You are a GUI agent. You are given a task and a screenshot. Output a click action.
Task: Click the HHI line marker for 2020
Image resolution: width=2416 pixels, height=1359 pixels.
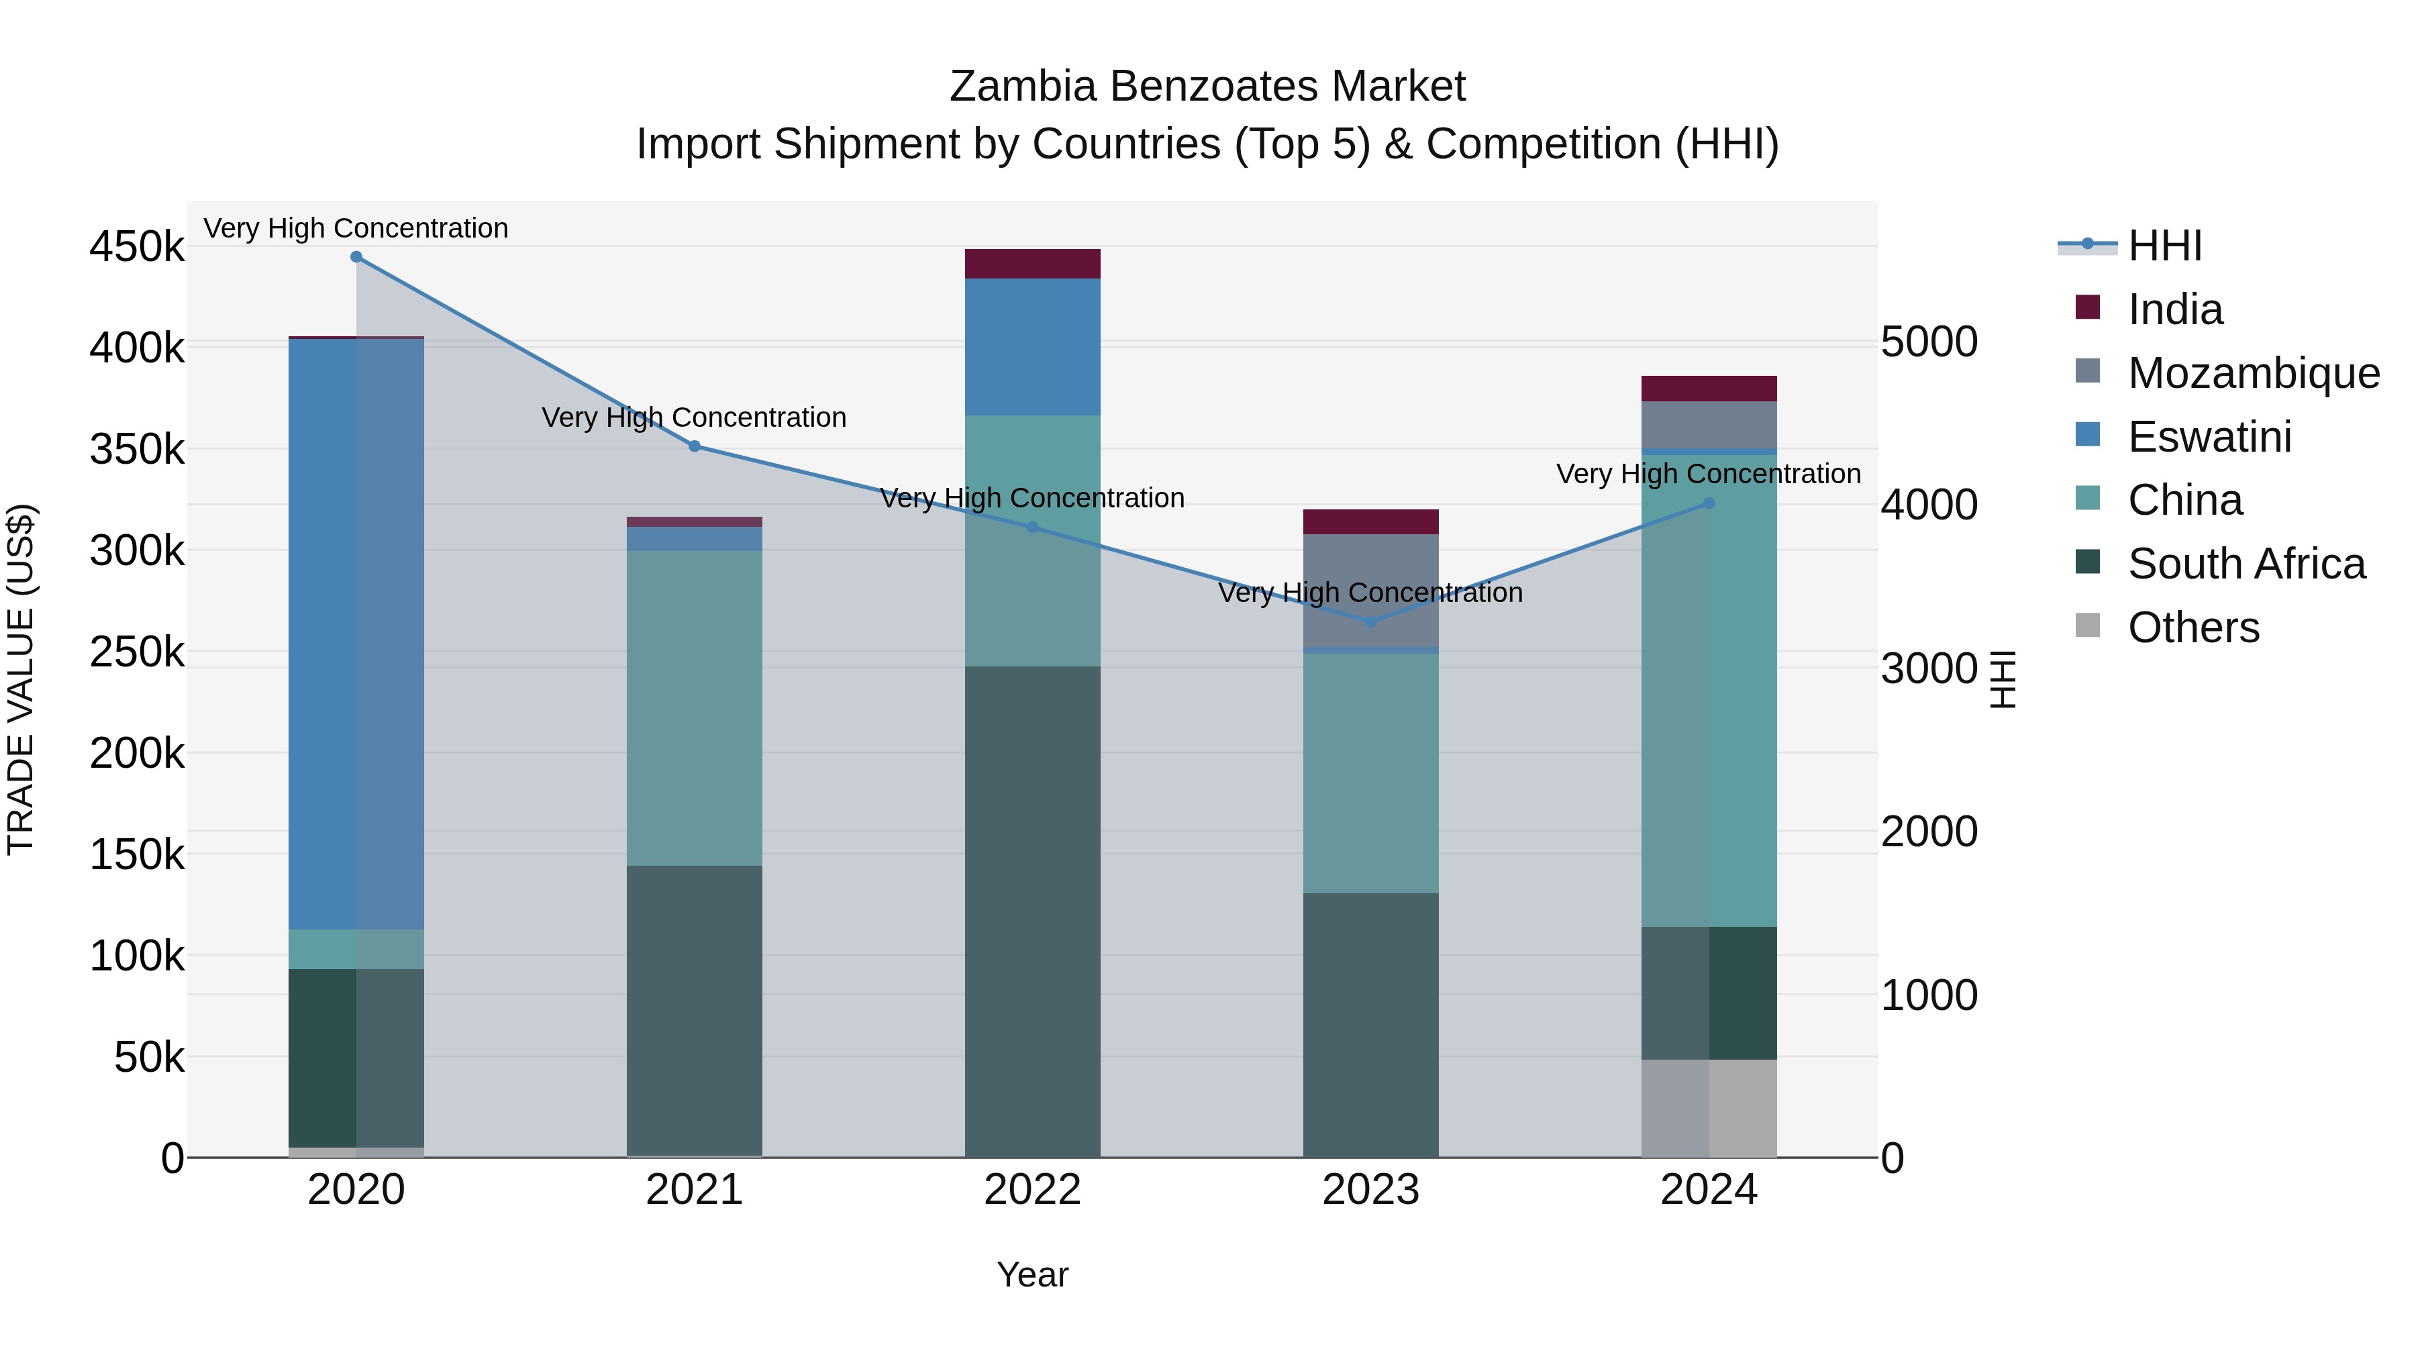point(356,257)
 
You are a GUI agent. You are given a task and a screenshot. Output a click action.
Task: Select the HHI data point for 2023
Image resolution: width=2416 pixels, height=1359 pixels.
point(1370,622)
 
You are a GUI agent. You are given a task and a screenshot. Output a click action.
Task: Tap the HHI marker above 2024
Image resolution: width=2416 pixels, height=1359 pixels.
point(1709,503)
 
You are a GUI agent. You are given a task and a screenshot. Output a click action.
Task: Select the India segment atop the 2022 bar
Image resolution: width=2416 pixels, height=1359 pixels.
point(1033,264)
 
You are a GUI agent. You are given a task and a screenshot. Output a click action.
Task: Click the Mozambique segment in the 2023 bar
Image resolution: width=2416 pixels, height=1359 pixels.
point(1370,591)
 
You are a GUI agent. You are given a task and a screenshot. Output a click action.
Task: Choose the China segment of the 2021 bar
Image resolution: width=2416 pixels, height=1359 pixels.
point(694,708)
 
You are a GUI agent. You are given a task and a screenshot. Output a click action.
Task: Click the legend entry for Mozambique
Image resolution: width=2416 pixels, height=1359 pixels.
point(2254,373)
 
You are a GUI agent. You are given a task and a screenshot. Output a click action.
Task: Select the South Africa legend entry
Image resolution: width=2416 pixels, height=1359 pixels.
point(2246,564)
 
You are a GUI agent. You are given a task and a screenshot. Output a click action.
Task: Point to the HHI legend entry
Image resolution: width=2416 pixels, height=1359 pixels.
point(2164,246)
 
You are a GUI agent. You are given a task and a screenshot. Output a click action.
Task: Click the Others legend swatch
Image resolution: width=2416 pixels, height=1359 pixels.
point(2088,625)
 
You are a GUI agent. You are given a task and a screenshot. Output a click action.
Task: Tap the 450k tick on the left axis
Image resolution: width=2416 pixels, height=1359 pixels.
point(137,248)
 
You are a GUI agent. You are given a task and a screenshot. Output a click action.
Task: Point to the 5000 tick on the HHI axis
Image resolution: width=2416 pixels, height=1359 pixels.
point(1930,342)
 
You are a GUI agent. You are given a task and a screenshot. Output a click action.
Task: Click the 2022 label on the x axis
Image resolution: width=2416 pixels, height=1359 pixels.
point(1033,1190)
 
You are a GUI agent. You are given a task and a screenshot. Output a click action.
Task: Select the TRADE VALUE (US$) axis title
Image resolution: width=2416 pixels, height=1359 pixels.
point(21,679)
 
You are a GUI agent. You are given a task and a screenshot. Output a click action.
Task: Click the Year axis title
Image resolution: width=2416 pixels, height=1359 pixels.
point(1033,1274)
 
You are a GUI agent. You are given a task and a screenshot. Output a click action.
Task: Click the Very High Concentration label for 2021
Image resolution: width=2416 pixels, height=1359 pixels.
point(694,417)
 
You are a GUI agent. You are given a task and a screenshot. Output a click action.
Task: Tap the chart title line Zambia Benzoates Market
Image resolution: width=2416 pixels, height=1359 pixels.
point(1207,87)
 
